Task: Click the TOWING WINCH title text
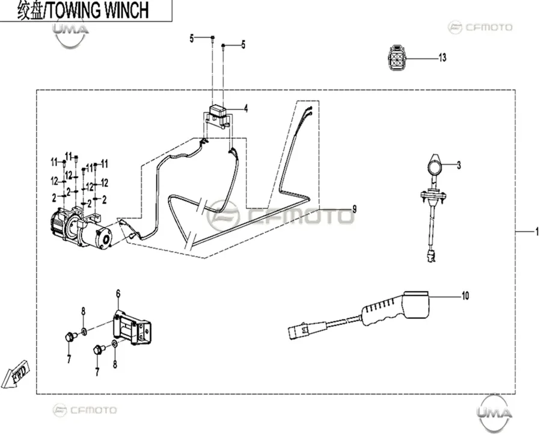(98, 10)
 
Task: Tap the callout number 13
(442, 57)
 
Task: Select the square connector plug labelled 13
(397, 58)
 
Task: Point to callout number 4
(246, 109)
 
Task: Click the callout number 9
(354, 209)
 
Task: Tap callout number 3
(459, 165)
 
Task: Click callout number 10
(465, 296)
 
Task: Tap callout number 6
(118, 294)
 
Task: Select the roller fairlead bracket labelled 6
(132, 327)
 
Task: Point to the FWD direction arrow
(15, 375)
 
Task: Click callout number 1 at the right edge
(537, 232)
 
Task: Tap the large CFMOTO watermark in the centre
(280, 217)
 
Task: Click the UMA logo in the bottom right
(494, 412)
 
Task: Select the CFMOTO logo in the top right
(480, 27)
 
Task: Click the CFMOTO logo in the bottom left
(85, 410)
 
